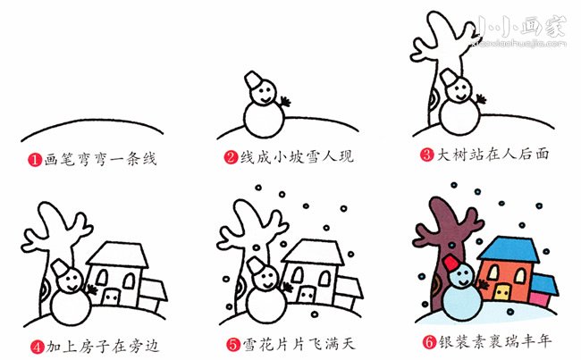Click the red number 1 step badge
35,160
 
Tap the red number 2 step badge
231,157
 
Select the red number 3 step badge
426,155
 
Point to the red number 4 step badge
37,347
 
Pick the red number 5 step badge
233,345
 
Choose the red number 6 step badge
429,341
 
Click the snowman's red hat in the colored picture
451,263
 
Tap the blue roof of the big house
509,249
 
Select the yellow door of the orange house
501,292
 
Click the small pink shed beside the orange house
540,298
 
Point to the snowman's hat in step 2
253,80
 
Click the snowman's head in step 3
459,90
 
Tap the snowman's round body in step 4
71,306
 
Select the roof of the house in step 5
314,252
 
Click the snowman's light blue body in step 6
462,302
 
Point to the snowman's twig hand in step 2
284,101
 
